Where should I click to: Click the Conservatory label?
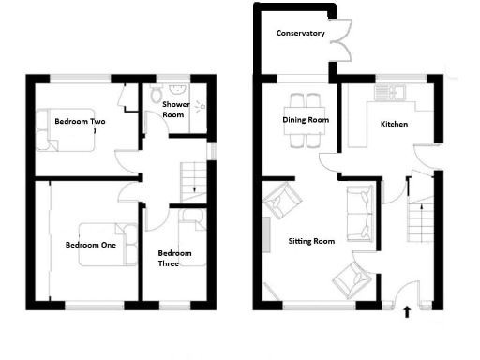(300, 34)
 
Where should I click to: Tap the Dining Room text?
(306, 120)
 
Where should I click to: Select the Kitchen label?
(393, 124)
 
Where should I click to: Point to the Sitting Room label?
(311, 241)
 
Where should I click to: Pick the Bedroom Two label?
(79, 122)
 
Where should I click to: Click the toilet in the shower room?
(156, 95)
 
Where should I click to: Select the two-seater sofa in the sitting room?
(358, 213)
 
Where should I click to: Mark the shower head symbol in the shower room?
(198, 106)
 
